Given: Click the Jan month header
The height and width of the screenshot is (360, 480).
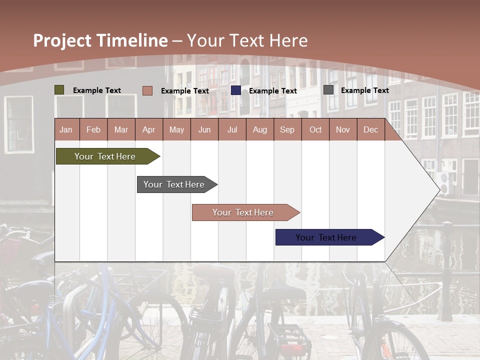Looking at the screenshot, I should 66,129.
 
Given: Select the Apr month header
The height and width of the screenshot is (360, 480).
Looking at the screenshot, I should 149,129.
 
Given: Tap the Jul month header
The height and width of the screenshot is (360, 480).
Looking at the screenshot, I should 232,129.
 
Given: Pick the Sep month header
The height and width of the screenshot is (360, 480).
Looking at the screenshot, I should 287,129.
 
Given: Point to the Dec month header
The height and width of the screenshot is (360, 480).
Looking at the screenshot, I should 370,129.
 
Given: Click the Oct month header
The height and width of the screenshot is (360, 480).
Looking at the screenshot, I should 315,129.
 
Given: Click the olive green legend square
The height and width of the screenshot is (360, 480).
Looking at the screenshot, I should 59,90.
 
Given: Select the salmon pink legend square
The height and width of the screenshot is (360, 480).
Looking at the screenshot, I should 147,90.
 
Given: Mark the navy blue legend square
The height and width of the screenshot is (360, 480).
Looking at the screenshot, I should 236,90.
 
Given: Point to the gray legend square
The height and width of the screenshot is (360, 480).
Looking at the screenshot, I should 328,90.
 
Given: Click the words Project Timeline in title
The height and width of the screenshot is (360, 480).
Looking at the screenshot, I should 100,40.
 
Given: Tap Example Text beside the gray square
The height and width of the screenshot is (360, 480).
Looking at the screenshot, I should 364,90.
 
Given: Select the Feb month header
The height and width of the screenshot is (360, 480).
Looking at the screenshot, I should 93,129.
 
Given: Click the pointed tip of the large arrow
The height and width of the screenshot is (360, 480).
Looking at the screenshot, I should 438,189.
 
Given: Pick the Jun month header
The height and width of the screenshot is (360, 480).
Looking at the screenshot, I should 204,129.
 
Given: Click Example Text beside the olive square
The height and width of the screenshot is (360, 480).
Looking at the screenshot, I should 97,90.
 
